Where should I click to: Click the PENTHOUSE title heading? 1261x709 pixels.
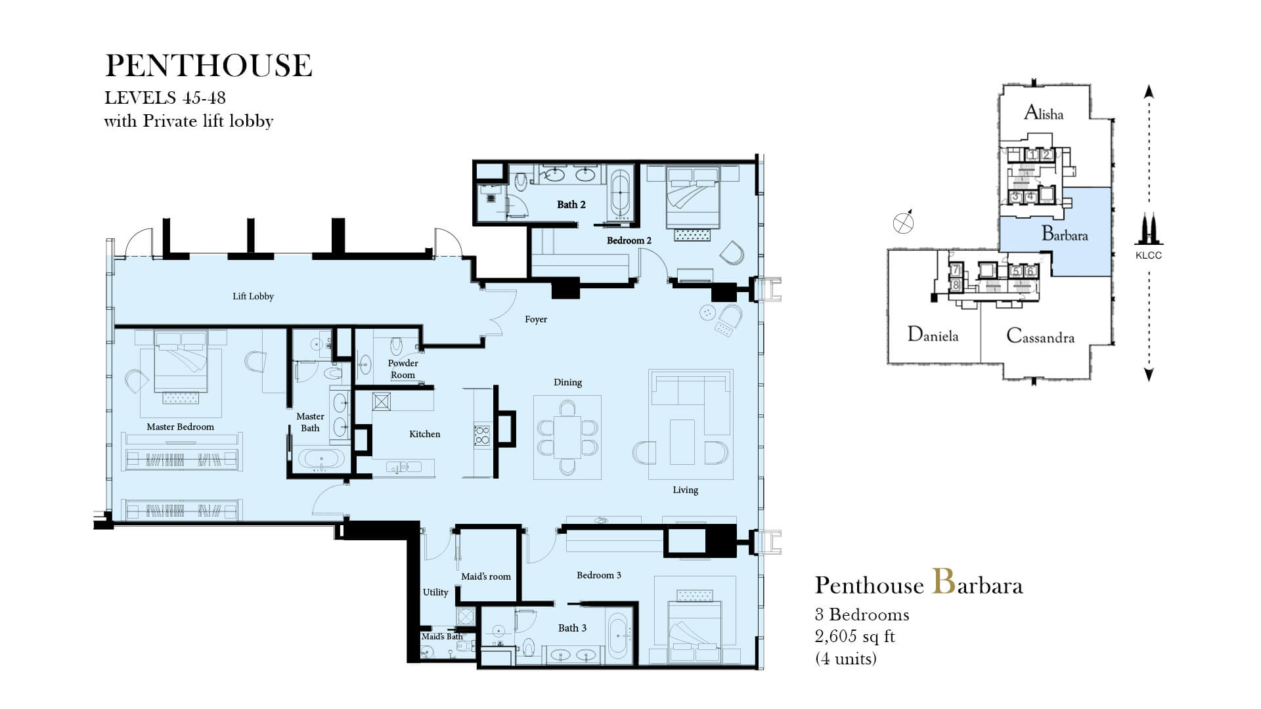click(209, 66)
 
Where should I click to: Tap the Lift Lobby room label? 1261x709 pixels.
click(253, 296)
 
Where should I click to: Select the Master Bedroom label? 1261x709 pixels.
click(180, 427)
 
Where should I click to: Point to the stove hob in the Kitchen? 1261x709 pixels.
click(482, 435)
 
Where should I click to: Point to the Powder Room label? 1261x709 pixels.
click(403, 369)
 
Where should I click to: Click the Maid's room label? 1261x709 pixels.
click(486, 576)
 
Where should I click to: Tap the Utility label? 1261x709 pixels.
click(435, 592)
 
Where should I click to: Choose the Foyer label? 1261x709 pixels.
click(536, 319)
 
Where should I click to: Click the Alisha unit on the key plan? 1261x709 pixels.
click(1044, 114)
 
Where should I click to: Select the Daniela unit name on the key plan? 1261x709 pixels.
click(933, 335)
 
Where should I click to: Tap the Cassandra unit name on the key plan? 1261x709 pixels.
click(1040, 337)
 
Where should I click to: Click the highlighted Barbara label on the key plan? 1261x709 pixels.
click(1065, 234)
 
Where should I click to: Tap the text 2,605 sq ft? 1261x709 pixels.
click(855, 636)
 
